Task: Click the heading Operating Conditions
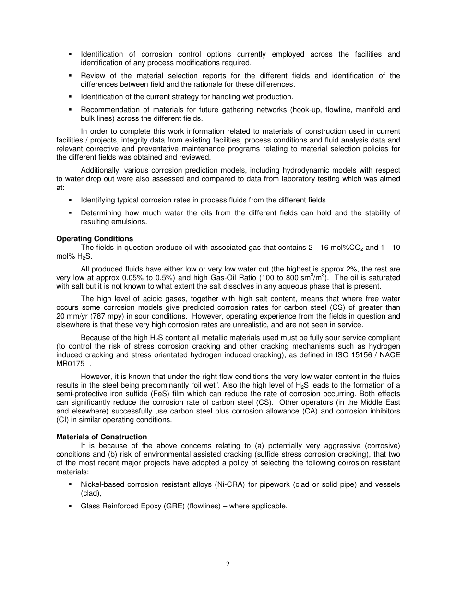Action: [x=95, y=239]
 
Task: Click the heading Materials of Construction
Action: [x=101, y=437]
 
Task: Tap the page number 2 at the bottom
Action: [x=228, y=565]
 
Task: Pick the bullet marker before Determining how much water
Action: [x=70, y=213]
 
